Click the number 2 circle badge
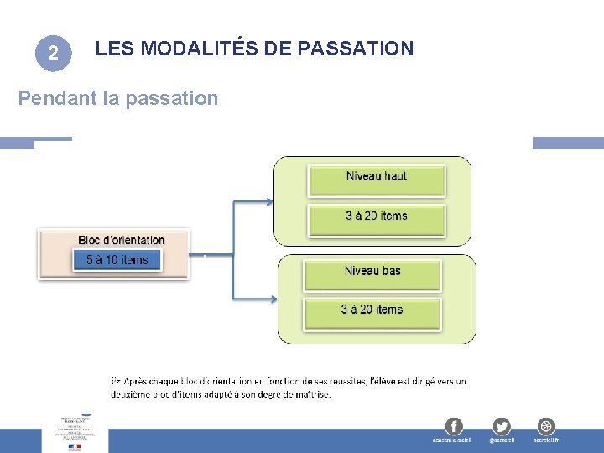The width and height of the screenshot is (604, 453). tap(52, 54)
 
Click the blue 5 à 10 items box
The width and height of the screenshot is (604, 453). tap(117, 260)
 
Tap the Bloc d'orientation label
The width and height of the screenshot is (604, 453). tap(121, 241)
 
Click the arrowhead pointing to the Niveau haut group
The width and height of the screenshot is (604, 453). tap(269, 201)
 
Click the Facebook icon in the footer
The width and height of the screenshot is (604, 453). tap(453, 425)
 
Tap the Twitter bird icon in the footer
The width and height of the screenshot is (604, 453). tap(502, 425)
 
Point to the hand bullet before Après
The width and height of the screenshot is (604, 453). tap(116, 381)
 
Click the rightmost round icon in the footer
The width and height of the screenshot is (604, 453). tap(546, 425)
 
